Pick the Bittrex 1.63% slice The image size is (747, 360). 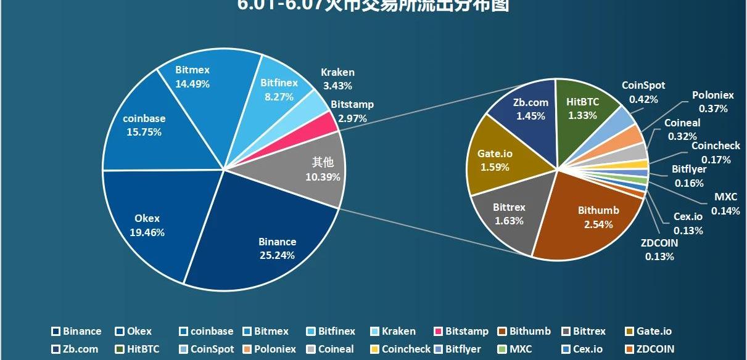(509, 213)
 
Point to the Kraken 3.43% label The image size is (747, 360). (337, 80)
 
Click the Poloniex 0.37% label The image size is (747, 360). (713, 102)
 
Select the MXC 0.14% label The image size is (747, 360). (725, 203)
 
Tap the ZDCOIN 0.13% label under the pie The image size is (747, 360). (659, 250)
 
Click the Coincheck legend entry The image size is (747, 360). (400, 349)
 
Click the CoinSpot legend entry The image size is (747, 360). (207, 349)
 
